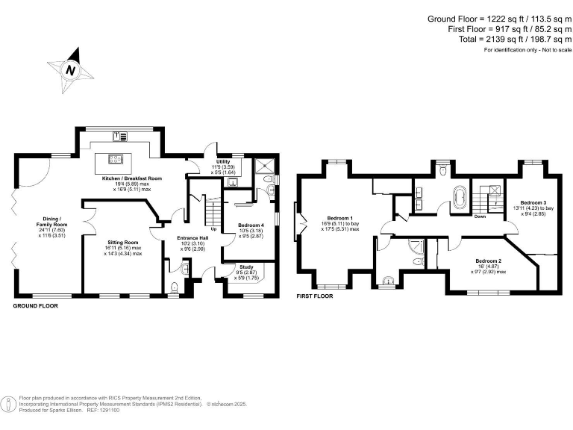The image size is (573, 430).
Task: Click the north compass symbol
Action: click(x=70, y=69)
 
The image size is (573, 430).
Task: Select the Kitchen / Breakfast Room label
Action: click(x=131, y=179)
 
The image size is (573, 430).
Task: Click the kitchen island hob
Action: click(x=115, y=158)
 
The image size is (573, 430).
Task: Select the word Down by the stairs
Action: click(x=480, y=217)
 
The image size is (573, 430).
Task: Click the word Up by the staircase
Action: click(x=215, y=228)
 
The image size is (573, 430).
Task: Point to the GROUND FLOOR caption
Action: click(x=36, y=305)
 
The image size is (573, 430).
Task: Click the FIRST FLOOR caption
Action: click(x=313, y=296)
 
